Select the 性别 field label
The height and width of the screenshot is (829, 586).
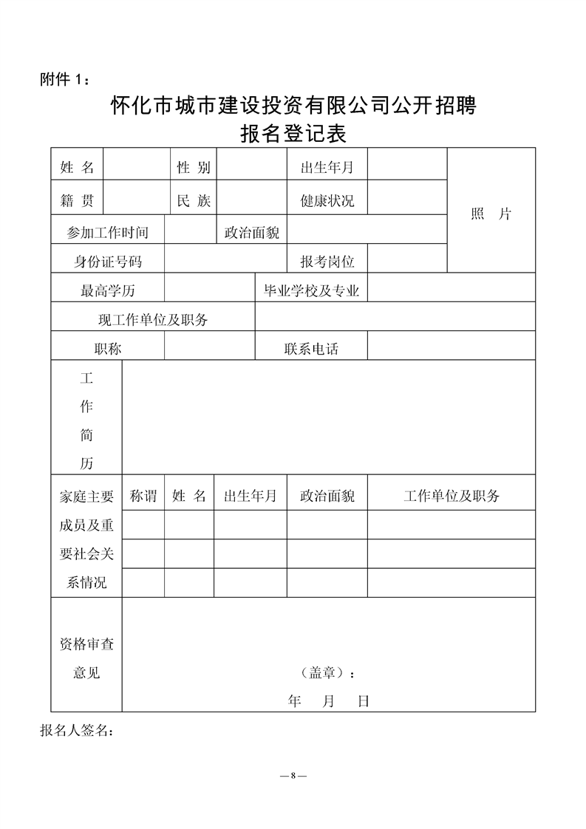pos(194,168)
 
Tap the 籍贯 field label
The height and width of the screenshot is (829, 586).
pos(77,200)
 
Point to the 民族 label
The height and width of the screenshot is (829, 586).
pos(194,200)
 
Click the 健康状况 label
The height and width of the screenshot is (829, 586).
pos(327,200)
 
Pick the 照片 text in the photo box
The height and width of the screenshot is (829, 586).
pos(491,214)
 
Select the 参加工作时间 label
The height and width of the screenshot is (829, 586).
pos(108,232)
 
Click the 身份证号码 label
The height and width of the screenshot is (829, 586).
pos(108,261)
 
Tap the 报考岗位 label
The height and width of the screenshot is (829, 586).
pos(327,261)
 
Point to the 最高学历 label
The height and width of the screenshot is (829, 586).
pos(108,290)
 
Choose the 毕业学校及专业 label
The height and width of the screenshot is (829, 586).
pos(311,290)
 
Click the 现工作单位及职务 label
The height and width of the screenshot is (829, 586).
pos(153,320)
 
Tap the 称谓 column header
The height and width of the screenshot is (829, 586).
pos(143,496)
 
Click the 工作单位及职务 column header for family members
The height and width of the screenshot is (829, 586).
pos(451,496)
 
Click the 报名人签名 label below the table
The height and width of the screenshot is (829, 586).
pos(77,731)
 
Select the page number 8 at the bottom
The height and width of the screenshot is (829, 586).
pos(293,776)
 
